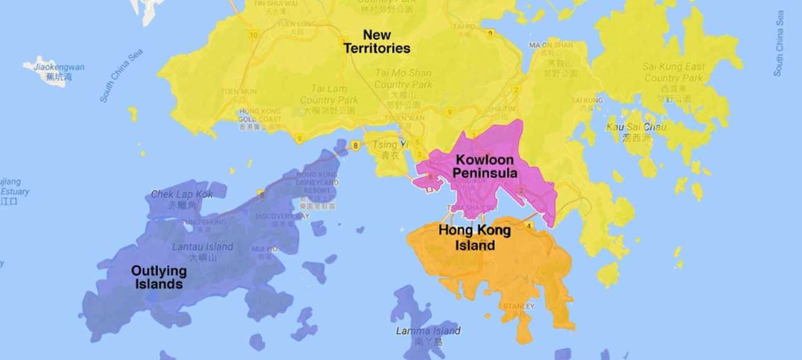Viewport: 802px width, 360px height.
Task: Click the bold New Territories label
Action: pyautogui.click(x=376, y=42)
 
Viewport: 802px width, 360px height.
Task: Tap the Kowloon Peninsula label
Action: pyautogui.click(x=485, y=166)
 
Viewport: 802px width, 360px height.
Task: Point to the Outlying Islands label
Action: pyautogui.click(x=159, y=277)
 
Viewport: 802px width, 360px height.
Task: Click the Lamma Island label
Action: pyautogui.click(x=428, y=331)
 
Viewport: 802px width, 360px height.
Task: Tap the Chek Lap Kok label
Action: pyautogui.click(x=182, y=195)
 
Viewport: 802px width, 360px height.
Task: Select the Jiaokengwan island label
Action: pyautogui.click(x=59, y=68)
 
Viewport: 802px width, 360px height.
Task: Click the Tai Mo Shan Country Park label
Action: pyautogui.click(x=403, y=79)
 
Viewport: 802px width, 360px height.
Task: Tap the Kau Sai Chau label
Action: pyautogui.click(x=629, y=127)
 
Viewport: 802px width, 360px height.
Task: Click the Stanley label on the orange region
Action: pyautogui.click(x=518, y=306)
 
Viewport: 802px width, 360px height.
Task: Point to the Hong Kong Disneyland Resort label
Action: pyautogui.click(x=318, y=182)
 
